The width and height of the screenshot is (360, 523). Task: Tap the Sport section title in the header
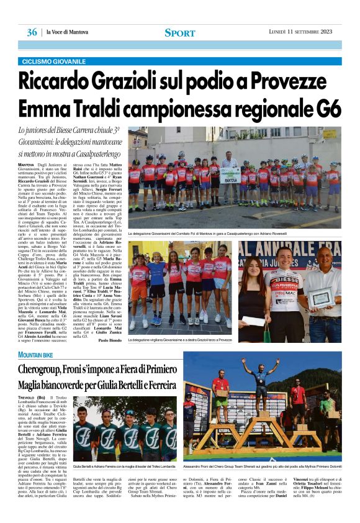coord(179,32)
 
